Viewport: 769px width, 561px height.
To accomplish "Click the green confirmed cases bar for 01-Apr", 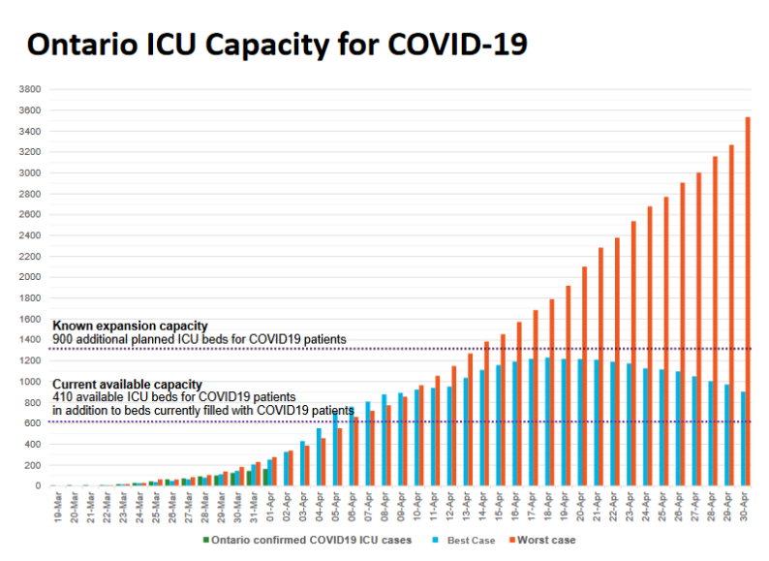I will point(265,478).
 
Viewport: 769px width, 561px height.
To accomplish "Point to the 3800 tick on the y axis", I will point(29,89).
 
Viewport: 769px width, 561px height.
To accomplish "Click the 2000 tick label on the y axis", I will point(29,277).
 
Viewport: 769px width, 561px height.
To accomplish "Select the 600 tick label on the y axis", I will point(32,423).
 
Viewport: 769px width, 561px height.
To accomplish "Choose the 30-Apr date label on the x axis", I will point(744,511).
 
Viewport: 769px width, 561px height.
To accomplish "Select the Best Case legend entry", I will point(468,540).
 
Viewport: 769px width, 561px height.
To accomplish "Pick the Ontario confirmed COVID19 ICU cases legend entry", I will point(311,540).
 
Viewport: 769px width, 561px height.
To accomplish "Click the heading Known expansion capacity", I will point(130,326).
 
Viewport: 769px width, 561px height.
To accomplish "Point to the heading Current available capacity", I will point(127,384).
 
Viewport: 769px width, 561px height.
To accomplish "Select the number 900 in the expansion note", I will point(63,339).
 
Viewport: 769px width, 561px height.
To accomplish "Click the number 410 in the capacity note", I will point(63,397).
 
